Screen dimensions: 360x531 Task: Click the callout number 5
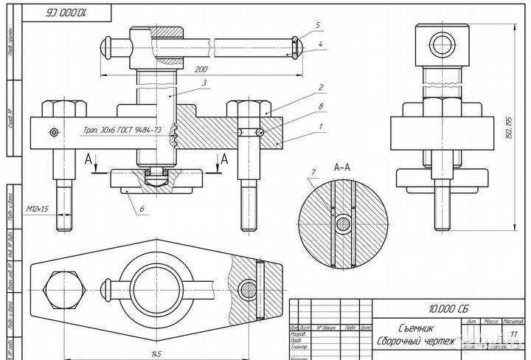pyautogui.click(x=317, y=24)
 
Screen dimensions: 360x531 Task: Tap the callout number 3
pyautogui.click(x=204, y=82)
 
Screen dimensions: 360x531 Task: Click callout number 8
pyautogui.click(x=321, y=108)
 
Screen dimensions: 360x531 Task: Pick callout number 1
pyautogui.click(x=320, y=128)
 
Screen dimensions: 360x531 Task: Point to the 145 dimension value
pyautogui.click(x=156, y=354)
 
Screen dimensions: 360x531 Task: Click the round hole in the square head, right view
pyautogui.click(x=442, y=41)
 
